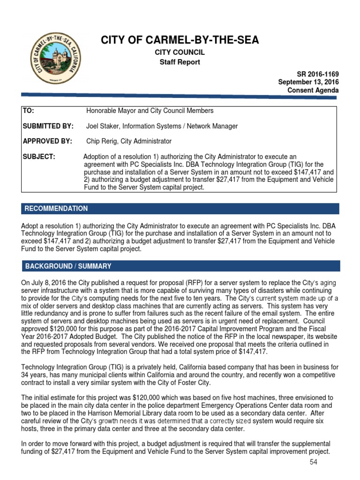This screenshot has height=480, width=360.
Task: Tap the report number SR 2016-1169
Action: coord(318,75)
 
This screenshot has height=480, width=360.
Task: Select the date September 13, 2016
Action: coord(308,82)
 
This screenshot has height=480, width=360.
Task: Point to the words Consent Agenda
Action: coord(314,90)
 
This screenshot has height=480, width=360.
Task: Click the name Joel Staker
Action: coord(104,126)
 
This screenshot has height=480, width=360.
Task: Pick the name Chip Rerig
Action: coord(102,141)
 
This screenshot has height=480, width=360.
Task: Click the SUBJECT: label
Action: coord(39,157)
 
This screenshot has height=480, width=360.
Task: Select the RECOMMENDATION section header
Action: coord(56,209)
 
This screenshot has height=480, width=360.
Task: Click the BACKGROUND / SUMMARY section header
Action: coord(68,266)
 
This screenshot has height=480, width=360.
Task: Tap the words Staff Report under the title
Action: coord(180,62)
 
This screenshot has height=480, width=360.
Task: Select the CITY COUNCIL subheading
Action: coord(180,52)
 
